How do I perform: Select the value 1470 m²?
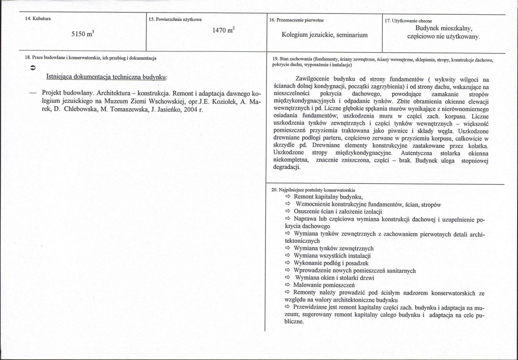coord(223,30)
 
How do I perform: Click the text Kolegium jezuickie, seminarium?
coord(324,35)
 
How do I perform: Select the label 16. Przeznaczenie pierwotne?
coord(296,20)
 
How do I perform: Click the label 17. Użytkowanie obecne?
coord(408,21)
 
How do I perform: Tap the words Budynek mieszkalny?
coord(444,29)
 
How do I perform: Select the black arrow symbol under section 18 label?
coord(33,68)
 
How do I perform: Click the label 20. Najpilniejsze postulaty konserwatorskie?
coord(313,190)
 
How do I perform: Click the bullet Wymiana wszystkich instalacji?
coord(332,256)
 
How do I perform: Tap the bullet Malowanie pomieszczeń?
coord(324,285)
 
